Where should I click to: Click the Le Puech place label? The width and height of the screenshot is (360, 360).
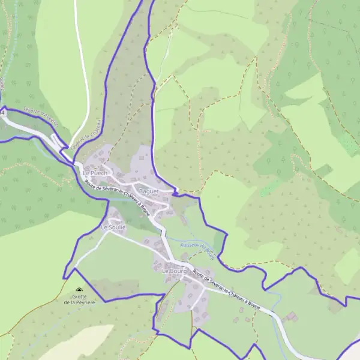94,173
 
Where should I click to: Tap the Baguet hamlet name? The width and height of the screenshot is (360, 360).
148,191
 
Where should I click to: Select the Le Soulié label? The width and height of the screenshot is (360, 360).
113,227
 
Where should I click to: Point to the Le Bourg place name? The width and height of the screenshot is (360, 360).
175,271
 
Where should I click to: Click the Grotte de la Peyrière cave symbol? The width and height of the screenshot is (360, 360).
79,290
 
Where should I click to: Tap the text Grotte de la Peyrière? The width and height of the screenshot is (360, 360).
79,299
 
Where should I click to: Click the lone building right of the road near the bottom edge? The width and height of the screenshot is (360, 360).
292,316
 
